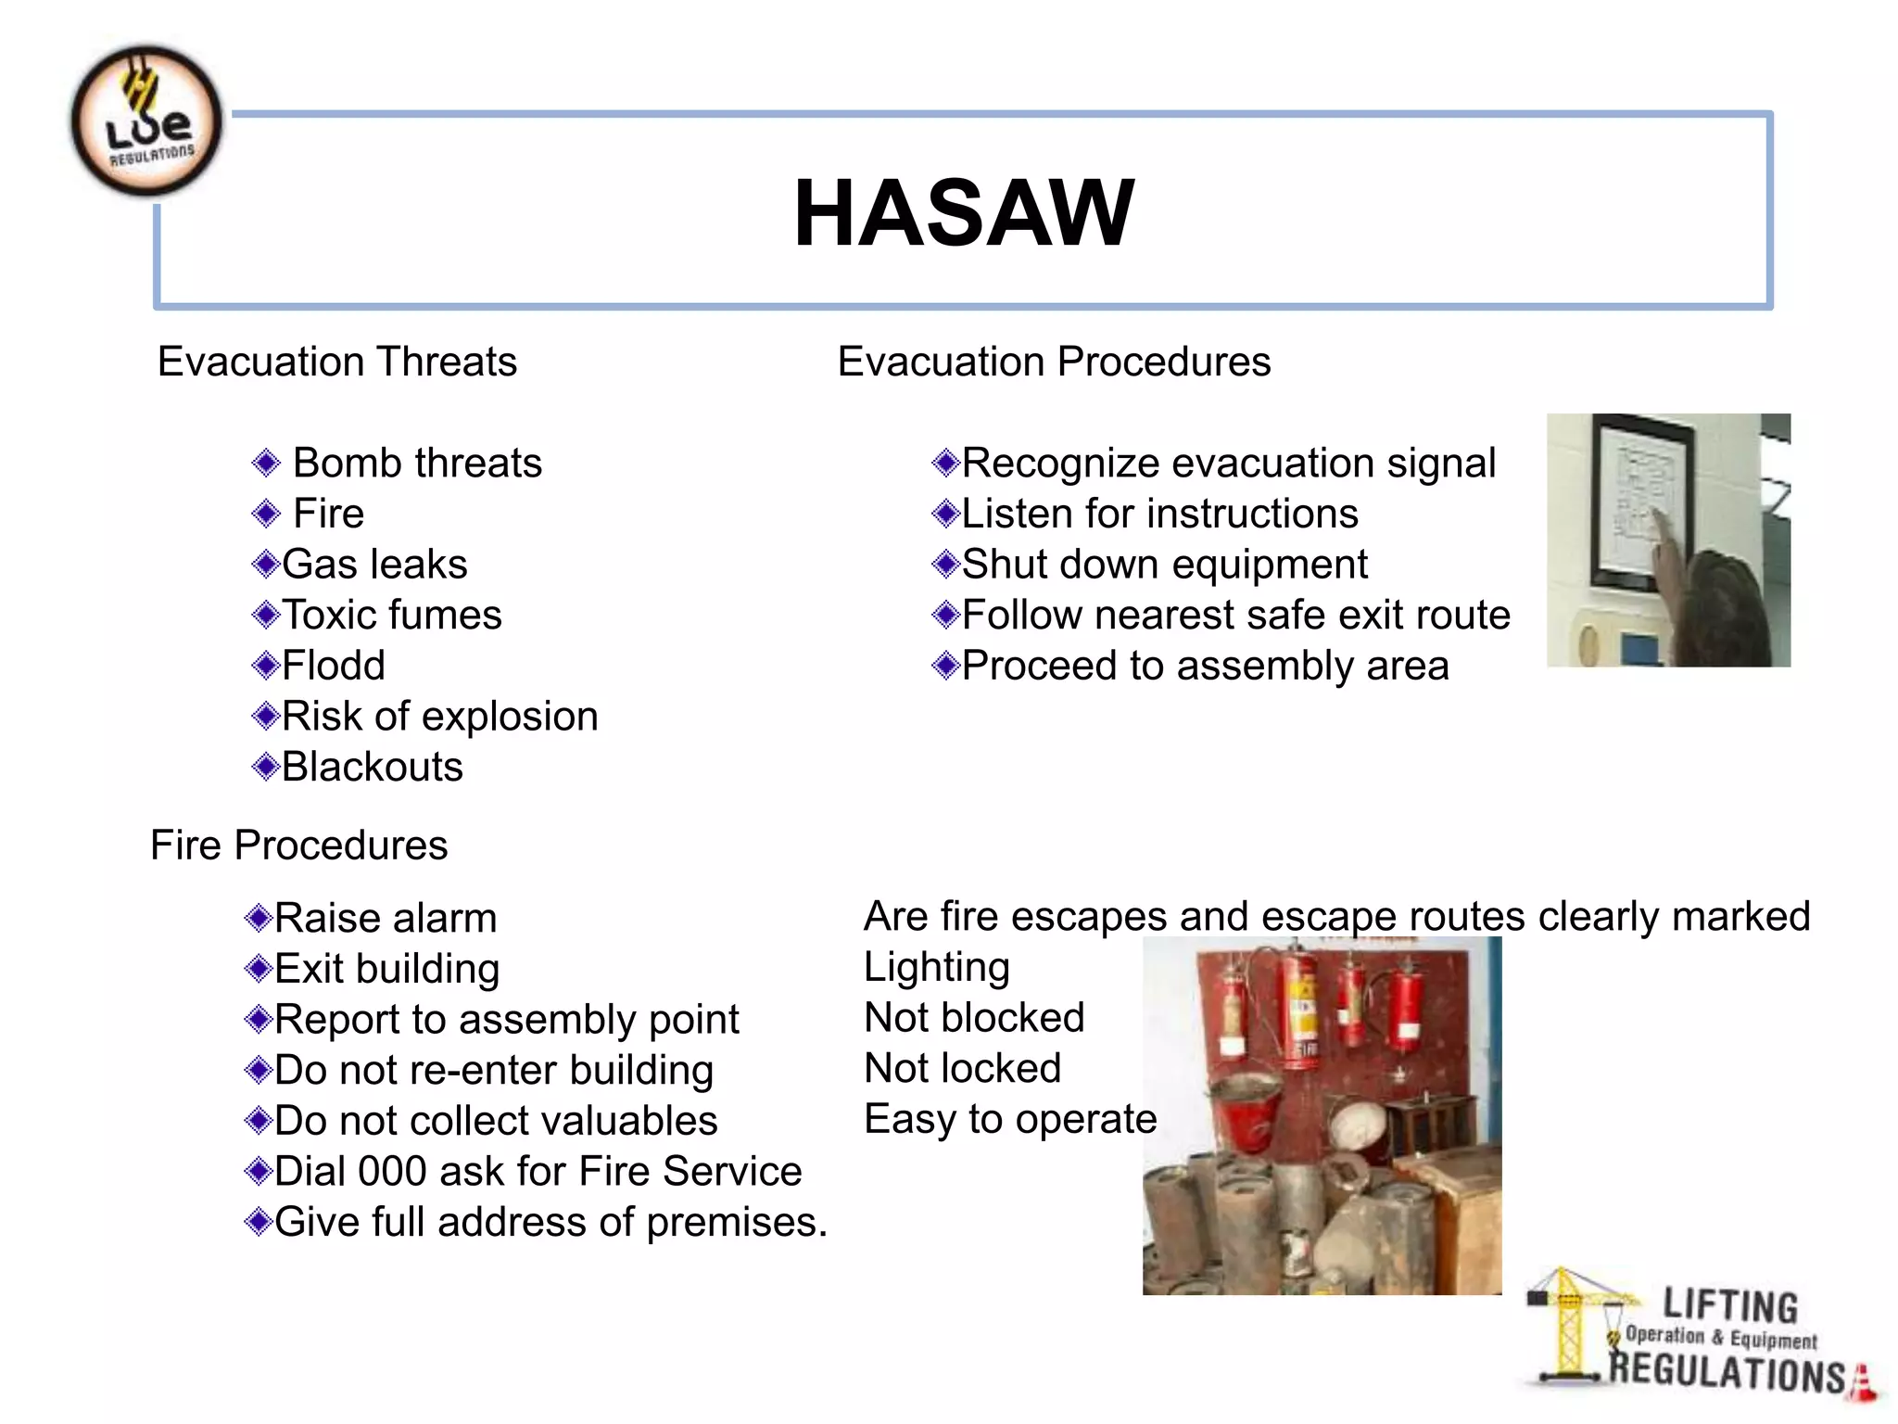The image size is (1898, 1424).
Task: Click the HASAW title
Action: tap(963, 213)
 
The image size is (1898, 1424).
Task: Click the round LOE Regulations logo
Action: tap(146, 121)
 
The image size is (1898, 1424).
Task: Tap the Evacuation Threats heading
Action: tap(336, 362)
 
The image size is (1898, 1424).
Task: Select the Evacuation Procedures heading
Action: tap(1054, 362)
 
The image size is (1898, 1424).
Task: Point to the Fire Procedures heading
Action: tap(298, 845)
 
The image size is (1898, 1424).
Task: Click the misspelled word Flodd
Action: tap(333, 666)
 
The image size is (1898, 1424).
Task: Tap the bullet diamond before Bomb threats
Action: tap(266, 463)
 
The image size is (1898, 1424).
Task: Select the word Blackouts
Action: tap(372, 768)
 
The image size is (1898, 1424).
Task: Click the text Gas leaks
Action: tap(374, 565)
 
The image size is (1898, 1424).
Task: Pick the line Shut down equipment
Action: tap(1164, 565)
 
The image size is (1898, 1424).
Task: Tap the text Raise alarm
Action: tap(386, 919)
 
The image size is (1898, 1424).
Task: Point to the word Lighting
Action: tap(936, 968)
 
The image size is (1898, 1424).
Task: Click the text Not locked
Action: tap(962, 1069)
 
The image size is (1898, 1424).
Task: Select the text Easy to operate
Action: tap(1010, 1120)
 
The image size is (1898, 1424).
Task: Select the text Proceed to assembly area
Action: tap(1205, 667)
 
